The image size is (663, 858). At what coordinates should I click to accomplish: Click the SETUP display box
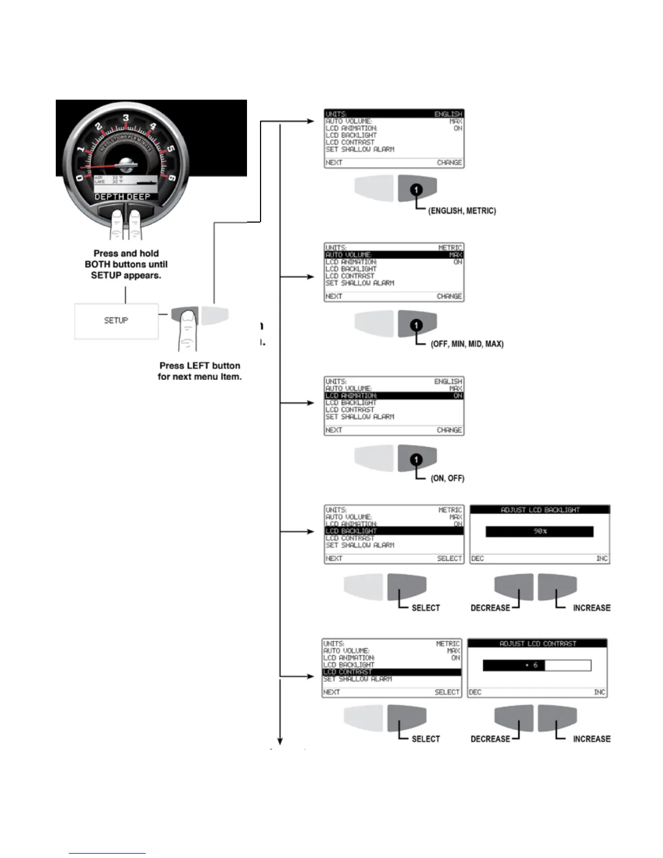[116, 321]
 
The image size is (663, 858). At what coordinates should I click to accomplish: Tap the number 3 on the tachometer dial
[126, 118]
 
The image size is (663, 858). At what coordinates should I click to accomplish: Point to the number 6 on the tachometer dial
[172, 178]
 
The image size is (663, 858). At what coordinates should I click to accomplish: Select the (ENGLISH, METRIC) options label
[462, 211]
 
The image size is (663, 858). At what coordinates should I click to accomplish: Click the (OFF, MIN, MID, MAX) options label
[467, 344]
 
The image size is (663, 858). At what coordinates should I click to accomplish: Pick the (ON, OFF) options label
[447, 478]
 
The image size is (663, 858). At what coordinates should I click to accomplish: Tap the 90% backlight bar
[539, 531]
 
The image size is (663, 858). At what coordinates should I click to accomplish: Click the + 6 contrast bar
[536, 665]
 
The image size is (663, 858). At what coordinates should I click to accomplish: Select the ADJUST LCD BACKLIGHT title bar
[540, 510]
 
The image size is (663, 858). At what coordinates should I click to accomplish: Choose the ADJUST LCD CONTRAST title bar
[537, 643]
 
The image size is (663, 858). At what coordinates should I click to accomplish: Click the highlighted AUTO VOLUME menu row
[394, 255]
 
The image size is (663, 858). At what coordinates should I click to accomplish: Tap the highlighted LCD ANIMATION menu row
[394, 396]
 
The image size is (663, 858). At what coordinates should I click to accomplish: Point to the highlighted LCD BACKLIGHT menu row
[394, 531]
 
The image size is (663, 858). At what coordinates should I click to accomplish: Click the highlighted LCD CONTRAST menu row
[392, 672]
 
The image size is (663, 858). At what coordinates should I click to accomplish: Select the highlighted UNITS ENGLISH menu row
[394, 114]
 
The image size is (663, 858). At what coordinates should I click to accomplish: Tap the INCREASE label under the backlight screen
[591, 608]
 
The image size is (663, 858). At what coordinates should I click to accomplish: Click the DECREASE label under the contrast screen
[490, 739]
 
